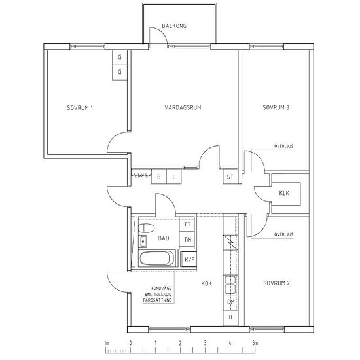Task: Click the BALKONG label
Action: pos(174,26)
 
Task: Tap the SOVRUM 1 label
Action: pos(80,108)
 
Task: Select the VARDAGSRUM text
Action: pos(183,107)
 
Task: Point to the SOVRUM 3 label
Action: pos(276,107)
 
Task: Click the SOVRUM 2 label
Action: pos(276,283)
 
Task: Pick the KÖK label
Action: pos(206,283)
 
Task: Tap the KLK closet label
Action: pos(284,193)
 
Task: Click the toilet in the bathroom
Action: pos(146,228)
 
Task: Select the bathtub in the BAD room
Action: pos(157,259)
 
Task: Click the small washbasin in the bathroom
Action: pos(143,242)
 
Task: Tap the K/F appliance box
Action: pos(189,259)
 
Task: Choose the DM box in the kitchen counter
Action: pos(230,302)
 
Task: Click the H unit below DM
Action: pos(230,317)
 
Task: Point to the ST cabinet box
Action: pos(230,177)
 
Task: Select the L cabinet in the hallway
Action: pos(174,177)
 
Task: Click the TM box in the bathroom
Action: pos(187,240)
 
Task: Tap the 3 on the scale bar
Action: pos(205,343)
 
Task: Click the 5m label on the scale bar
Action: pos(255,343)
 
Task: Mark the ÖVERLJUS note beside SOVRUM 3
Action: pos(284,146)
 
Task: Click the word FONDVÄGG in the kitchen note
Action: pos(162,289)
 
